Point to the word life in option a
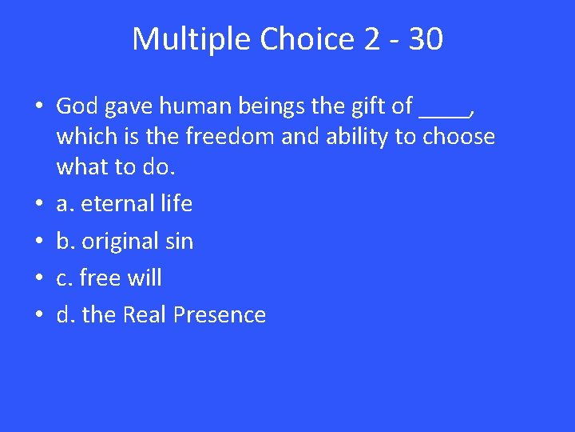(x=174, y=204)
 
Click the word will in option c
(x=144, y=278)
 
